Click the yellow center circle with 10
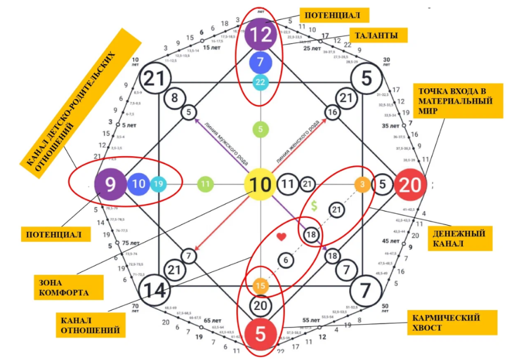[x=260, y=184]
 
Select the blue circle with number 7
[x=260, y=62]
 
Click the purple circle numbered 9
[x=111, y=184]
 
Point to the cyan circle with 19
[x=158, y=184]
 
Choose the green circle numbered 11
[x=205, y=184]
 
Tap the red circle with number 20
[x=410, y=185]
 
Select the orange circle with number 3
[x=362, y=184]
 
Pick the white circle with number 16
[x=333, y=112]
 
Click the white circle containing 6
[x=286, y=260]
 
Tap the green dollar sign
[x=314, y=206]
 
